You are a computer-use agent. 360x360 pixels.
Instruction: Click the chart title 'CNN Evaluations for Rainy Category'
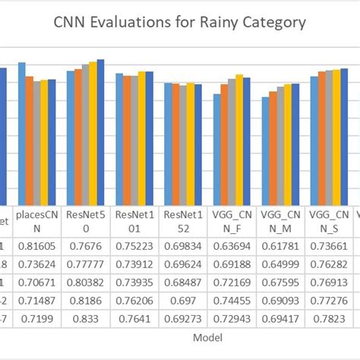pyautogui.click(x=180, y=22)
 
